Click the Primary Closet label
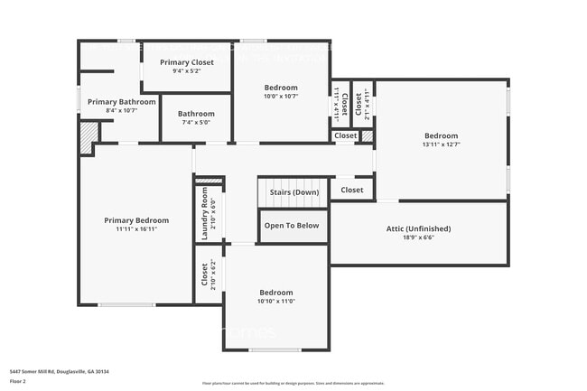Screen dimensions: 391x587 tap(187, 62)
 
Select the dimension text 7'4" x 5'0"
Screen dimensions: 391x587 tap(196, 123)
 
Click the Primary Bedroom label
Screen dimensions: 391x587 tap(136, 220)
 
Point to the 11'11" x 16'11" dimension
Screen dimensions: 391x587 tap(136, 229)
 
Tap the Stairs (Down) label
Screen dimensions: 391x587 tap(293, 192)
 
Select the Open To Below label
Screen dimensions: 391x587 tap(292, 226)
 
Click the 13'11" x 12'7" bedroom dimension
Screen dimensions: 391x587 tap(442, 145)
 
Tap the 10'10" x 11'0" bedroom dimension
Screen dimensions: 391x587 tap(276, 302)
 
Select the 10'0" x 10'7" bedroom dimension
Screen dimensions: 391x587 tap(280, 96)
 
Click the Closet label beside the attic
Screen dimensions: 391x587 tap(351, 191)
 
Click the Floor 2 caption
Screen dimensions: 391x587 tap(18, 381)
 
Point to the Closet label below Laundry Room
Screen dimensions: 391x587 tap(204, 274)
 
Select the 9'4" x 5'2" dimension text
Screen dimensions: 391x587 tap(187, 71)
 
